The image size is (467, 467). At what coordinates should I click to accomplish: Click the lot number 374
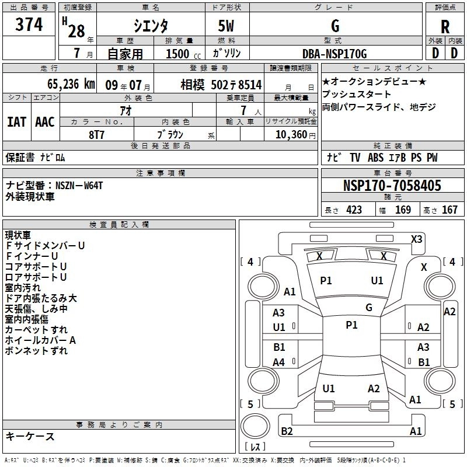pyautogui.click(x=29, y=25)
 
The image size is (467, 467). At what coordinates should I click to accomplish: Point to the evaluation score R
pyautogui.click(x=445, y=26)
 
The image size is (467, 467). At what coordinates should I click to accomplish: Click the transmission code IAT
pyautogui.click(x=16, y=121)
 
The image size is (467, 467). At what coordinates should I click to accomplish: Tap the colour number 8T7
pyautogui.click(x=96, y=134)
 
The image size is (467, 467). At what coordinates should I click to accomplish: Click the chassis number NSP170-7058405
pyautogui.click(x=392, y=186)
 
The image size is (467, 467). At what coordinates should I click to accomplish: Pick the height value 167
pyautogui.click(x=449, y=210)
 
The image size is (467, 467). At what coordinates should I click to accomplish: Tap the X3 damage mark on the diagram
pyautogui.click(x=416, y=239)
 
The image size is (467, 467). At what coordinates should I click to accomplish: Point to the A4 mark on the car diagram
pyautogui.click(x=279, y=363)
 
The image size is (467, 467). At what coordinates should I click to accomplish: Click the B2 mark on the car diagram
pyautogui.click(x=287, y=431)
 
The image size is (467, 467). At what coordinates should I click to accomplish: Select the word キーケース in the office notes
pyautogui.click(x=30, y=436)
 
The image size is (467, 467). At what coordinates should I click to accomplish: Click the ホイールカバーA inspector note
pyautogui.click(x=40, y=340)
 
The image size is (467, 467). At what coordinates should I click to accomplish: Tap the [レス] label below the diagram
pyautogui.click(x=255, y=447)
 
